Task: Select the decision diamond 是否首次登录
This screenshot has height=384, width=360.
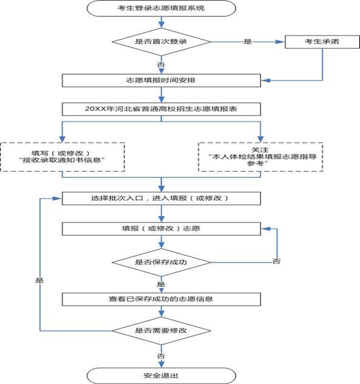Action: (x=160, y=41)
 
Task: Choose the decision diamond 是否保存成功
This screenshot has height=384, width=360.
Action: (x=160, y=262)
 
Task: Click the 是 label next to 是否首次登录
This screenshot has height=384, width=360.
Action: (x=247, y=41)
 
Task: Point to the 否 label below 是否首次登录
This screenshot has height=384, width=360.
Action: (x=160, y=63)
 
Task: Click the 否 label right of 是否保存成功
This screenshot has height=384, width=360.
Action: (x=276, y=261)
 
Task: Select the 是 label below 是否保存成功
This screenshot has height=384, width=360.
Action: (x=160, y=284)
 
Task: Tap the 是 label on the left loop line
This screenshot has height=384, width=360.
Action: (x=40, y=281)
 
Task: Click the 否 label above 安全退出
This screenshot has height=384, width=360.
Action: (x=160, y=354)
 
